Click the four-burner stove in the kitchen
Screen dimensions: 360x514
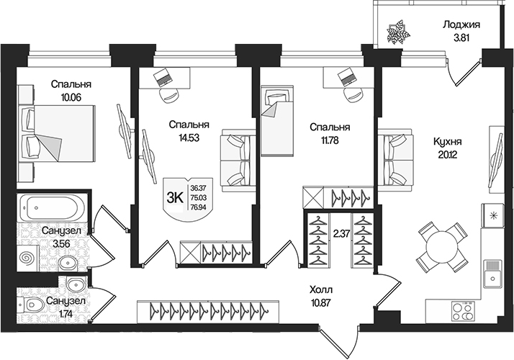461,311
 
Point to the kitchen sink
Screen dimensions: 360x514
493,272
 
